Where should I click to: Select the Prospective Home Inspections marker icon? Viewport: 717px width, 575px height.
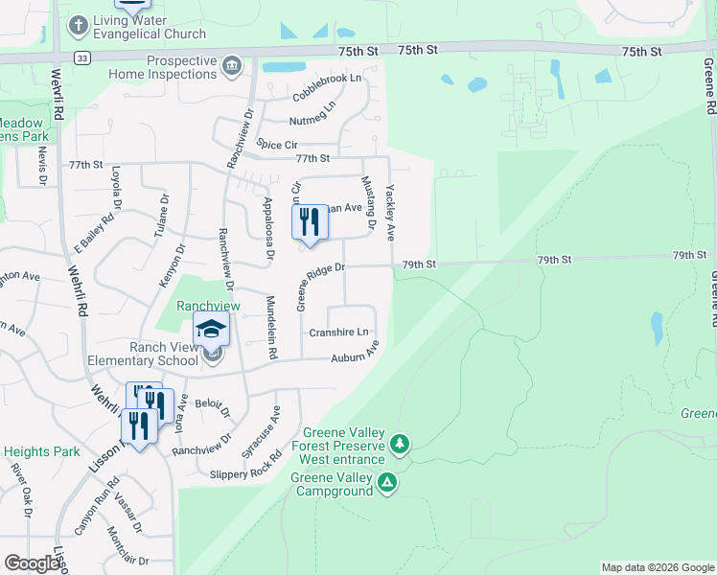tap(231, 66)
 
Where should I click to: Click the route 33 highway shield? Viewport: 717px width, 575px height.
tap(83, 57)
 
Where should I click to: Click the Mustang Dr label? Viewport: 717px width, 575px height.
tap(366, 202)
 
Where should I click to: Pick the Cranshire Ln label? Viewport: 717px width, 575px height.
tap(338, 333)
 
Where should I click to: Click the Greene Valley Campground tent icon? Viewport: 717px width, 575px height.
tap(386, 482)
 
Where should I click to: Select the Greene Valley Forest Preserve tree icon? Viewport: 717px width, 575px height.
tap(401, 444)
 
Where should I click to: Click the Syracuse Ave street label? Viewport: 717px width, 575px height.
tap(276, 425)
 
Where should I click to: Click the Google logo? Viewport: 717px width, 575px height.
tap(32, 563)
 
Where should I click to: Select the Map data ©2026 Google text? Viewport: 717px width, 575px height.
tap(657, 567)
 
